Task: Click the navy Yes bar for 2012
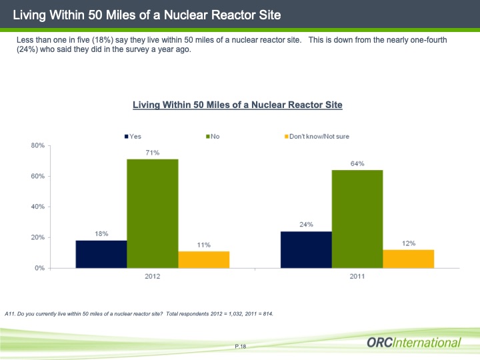[101, 254]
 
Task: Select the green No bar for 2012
[153, 213]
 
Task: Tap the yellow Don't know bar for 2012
[203, 259]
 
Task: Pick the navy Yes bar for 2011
[306, 249]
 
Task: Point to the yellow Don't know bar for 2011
[408, 259]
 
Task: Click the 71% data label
[153, 153]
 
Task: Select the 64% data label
[357, 163]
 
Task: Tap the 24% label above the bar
[306, 225]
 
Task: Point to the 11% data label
[203, 245]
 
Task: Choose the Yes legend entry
[132, 137]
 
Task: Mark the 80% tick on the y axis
[37, 145]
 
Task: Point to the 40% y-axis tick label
[37, 207]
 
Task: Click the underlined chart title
[237, 105]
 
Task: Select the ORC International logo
[413, 343]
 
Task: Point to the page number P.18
[241, 347]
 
